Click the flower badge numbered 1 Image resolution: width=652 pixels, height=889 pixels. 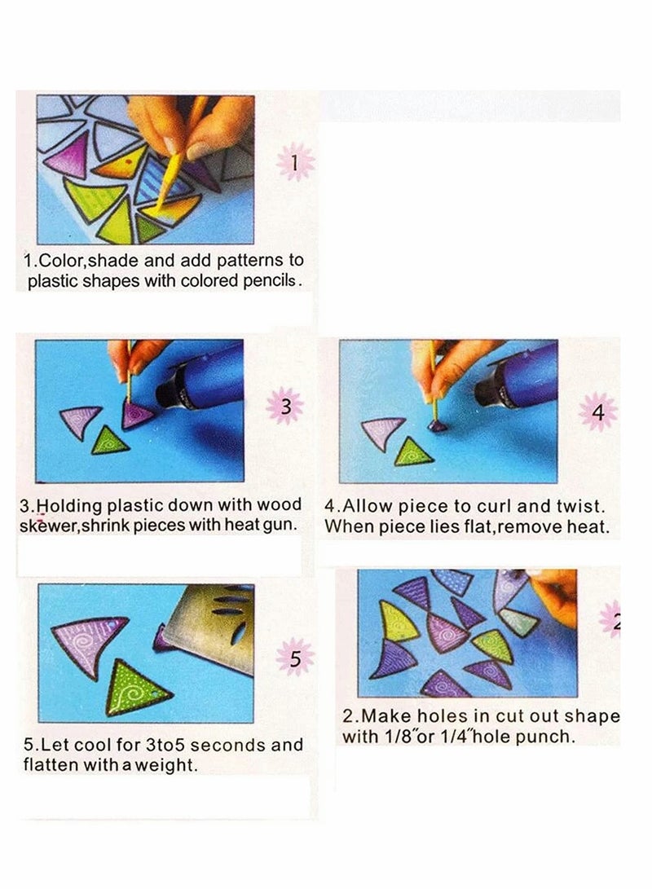pyautogui.click(x=295, y=162)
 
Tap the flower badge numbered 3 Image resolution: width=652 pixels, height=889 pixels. pyautogui.click(x=286, y=406)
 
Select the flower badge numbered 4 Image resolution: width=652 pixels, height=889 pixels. pyautogui.click(x=598, y=411)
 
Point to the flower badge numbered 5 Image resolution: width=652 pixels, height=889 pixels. pyautogui.click(x=295, y=658)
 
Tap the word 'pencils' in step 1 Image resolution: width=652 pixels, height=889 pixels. pyautogui.click(x=269, y=280)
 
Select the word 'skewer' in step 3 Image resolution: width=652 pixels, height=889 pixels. pyautogui.click(x=47, y=526)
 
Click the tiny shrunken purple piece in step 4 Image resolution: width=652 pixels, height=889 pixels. pyautogui.click(x=436, y=426)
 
